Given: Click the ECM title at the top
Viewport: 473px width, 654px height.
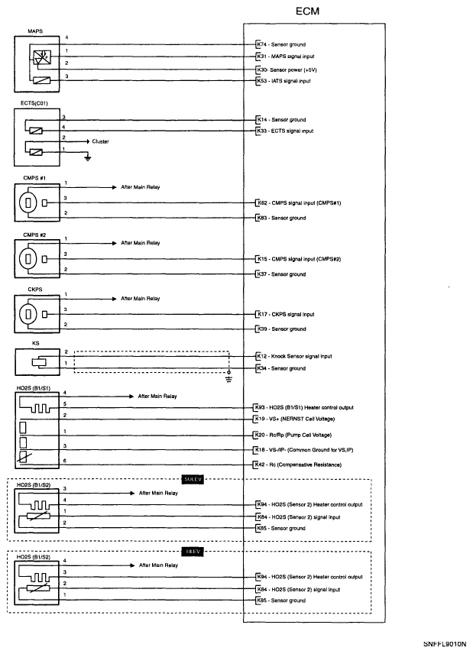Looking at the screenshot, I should pos(307,13).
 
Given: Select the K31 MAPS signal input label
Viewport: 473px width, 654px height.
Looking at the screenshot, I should pos(287,56).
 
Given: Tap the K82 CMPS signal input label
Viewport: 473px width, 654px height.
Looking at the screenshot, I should pos(298,203).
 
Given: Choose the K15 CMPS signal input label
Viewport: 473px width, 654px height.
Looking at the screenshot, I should pos(298,259).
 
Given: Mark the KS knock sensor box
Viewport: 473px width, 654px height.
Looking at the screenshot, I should pos(37,363).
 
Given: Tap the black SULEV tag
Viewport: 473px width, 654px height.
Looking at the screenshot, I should pos(190,479).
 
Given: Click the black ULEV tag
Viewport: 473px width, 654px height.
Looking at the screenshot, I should pos(190,550).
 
